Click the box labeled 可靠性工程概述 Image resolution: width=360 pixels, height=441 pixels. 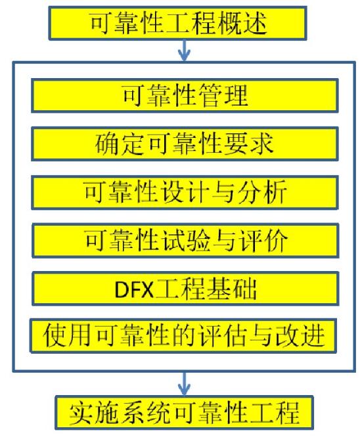pos(177,23)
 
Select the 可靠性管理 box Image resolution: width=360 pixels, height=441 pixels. pos(185,96)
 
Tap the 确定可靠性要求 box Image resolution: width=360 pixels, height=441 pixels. pos(185,144)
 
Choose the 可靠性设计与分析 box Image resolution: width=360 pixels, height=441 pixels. pos(185,192)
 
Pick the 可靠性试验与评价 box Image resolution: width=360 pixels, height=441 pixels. pos(185,240)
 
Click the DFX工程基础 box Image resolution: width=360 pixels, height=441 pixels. pos(185,289)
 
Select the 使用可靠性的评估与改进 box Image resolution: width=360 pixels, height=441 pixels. pos(183,335)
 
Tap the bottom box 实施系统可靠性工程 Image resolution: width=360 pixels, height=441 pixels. pos(184,413)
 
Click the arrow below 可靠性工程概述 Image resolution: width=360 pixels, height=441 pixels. pos(185,51)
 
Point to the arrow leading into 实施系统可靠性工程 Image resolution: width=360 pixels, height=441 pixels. pos(185,384)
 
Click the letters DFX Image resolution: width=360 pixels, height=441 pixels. pos(134,289)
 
